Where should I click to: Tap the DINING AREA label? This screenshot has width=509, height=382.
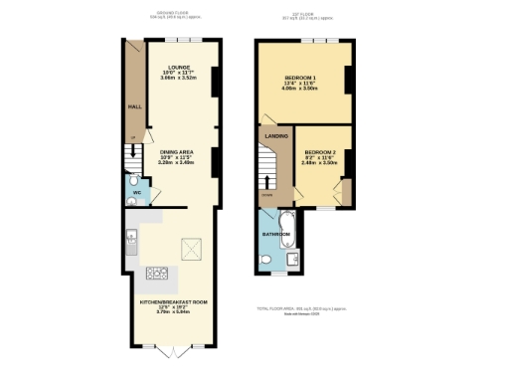tap(181, 151)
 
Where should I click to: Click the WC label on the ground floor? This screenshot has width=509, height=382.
tap(136, 192)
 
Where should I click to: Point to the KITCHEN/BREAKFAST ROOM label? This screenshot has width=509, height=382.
tap(174, 300)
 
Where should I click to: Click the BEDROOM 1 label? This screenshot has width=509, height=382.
tap(301, 78)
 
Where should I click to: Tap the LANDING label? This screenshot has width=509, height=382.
tap(275, 136)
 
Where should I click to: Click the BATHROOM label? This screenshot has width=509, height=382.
tap(275, 235)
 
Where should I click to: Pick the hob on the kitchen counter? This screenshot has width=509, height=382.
tap(156, 273)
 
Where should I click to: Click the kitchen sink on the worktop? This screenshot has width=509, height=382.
tap(130, 237)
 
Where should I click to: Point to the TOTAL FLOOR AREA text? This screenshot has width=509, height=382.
tap(301, 309)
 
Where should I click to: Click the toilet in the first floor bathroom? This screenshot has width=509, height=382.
tap(266, 259)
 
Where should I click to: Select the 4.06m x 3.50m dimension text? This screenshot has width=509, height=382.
tap(300, 89)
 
